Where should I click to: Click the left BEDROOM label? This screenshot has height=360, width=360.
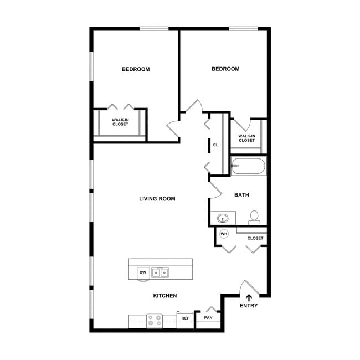(136, 69)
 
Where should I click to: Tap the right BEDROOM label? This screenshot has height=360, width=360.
(225, 69)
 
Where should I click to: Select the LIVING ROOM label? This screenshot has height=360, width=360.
(157, 198)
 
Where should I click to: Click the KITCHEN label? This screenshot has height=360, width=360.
(165, 296)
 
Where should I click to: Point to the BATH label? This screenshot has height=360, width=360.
(241, 195)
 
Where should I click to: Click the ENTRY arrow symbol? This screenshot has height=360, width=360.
(249, 297)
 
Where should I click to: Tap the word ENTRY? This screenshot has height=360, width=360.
(249, 306)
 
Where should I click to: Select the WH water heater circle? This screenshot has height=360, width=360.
(224, 234)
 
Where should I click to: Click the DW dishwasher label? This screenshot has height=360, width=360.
(142, 272)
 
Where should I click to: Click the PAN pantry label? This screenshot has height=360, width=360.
(208, 318)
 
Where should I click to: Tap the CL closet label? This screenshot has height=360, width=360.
(215, 145)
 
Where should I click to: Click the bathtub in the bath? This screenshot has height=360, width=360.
(249, 166)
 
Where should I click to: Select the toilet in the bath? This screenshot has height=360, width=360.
(255, 217)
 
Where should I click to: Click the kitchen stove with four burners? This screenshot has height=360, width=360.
(155, 321)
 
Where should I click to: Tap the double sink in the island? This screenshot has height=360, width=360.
(161, 272)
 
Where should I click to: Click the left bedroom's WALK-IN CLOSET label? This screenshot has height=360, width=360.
(120, 121)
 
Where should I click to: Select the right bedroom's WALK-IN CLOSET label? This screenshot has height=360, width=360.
(246, 138)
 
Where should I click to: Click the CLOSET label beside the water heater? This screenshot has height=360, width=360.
(255, 238)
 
